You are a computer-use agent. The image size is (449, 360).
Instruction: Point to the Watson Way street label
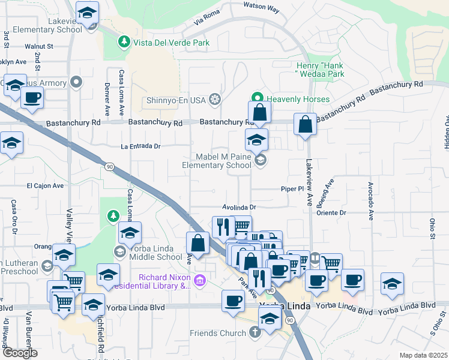tap(261, 7)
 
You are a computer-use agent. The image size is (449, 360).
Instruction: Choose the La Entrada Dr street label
tap(141, 146)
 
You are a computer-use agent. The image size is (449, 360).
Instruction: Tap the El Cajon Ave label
tap(44, 186)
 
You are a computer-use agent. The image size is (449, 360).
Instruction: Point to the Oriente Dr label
tap(335, 212)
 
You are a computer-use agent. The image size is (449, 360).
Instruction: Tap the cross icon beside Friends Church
tap(255, 332)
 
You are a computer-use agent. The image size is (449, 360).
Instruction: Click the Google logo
tap(19, 353)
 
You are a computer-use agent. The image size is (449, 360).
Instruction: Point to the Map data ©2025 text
tap(423, 355)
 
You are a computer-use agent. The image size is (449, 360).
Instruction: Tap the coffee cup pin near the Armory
tap(32, 97)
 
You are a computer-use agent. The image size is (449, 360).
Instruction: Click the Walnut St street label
tap(39, 46)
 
